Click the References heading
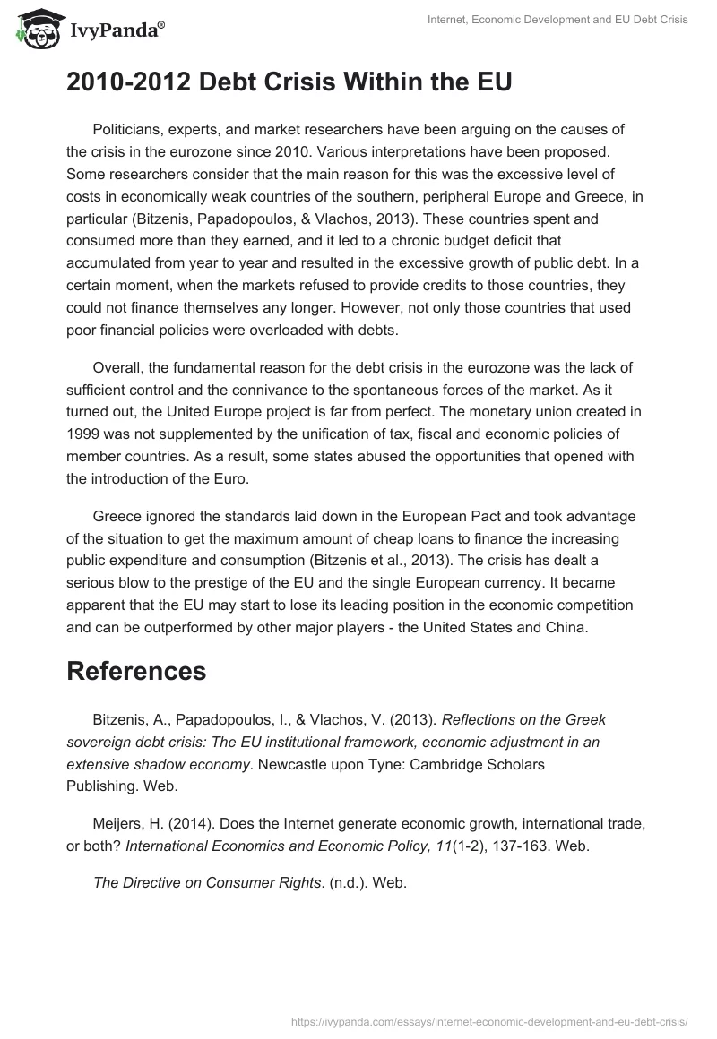136,671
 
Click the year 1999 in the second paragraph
85,434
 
